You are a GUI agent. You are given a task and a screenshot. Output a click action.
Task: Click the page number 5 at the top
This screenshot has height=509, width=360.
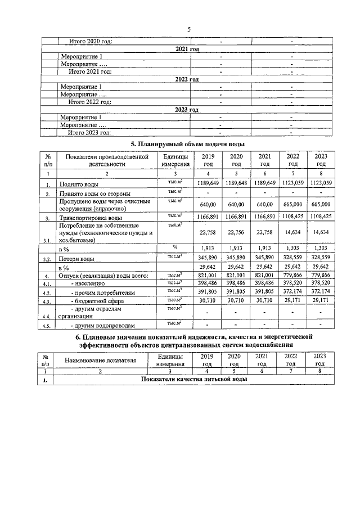pos(188,29)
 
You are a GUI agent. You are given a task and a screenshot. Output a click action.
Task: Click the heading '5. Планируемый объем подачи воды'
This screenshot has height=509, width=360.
pos(188,145)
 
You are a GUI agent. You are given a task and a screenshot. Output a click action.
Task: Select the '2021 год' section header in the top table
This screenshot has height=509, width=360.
pos(188,49)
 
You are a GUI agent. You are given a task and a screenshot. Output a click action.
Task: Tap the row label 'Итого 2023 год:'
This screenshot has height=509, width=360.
pos(89,133)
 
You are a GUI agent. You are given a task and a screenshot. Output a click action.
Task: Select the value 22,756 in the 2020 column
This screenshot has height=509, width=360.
pos(236,233)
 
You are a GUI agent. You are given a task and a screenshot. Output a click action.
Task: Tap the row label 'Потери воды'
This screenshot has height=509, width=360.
pos(77,259)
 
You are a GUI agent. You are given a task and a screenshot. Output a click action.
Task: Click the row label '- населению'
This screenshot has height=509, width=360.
pos(84,284)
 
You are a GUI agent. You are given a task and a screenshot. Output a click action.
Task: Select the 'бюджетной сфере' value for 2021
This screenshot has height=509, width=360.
pos(264,301)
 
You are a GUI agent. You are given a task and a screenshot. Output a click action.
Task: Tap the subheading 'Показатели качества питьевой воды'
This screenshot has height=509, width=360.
pos(193,380)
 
